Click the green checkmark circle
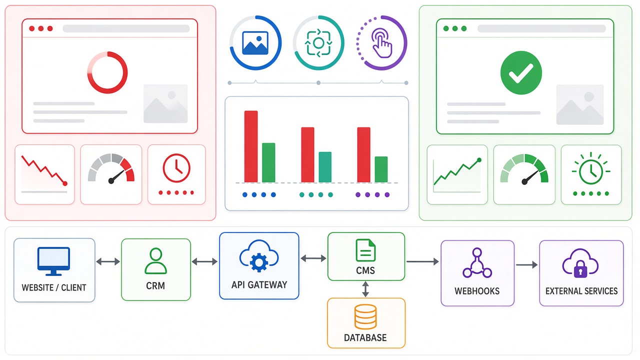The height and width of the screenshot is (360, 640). pyautogui.click(x=521, y=72)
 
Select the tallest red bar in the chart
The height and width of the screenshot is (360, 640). pyautogui.click(x=251, y=146)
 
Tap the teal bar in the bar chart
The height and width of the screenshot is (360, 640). pyautogui.click(x=325, y=167)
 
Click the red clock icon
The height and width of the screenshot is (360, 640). pyautogui.click(x=176, y=168)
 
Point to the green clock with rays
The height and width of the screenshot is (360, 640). pyautogui.click(x=591, y=170)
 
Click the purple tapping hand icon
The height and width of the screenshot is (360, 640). pyautogui.click(x=381, y=43)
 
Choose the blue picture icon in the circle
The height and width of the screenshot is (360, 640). pyautogui.click(x=255, y=43)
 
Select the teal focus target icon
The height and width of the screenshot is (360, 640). pyautogui.click(x=318, y=43)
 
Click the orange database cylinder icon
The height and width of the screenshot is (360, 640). pyautogui.click(x=365, y=317)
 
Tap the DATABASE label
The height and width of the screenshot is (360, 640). pyautogui.click(x=365, y=337)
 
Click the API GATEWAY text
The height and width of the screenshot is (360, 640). pyautogui.click(x=259, y=285)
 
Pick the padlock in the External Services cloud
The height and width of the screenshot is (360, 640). pyautogui.click(x=580, y=270)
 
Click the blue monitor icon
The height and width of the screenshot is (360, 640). pyautogui.click(x=53, y=261)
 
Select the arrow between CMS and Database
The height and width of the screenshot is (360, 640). pyautogui.click(x=365, y=289)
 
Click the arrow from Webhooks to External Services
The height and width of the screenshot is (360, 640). pyautogui.click(x=526, y=265)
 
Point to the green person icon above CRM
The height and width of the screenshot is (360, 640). pyautogui.click(x=155, y=261)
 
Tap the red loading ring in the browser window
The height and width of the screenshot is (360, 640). pyautogui.click(x=107, y=72)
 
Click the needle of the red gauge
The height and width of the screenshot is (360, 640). pyautogui.click(x=116, y=177)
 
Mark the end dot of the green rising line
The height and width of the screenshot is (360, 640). pyautogui.click(x=479, y=160)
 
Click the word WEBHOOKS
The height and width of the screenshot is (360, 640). pyautogui.click(x=477, y=291)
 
